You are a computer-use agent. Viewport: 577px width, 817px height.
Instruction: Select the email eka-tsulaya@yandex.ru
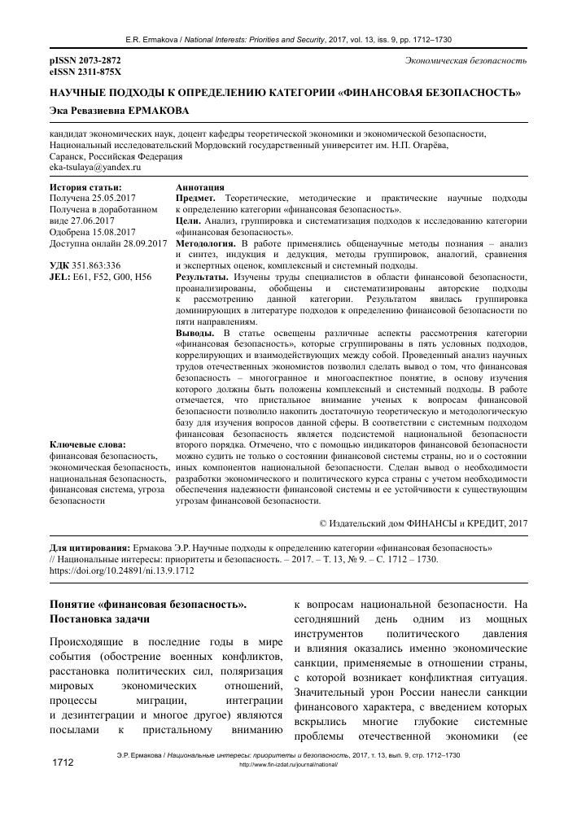coord(94,167)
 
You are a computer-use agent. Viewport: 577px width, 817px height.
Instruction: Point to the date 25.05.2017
coord(115,198)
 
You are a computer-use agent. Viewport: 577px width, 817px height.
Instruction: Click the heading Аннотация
coord(200,187)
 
